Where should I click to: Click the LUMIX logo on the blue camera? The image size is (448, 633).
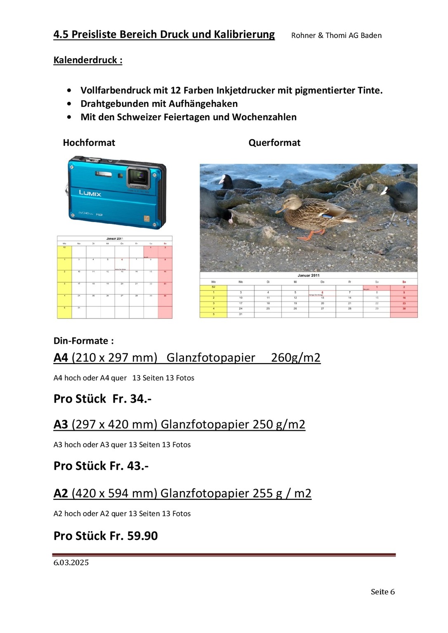click(x=90, y=193)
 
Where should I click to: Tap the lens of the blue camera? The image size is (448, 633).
click(x=139, y=178)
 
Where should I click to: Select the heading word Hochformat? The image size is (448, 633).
click(x=89, y=143)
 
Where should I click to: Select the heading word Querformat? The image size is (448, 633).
click(x=274, y=143)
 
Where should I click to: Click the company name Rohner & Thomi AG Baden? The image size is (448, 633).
click(x=336, y=35)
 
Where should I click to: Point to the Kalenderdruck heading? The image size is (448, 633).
click(x=88, y=60)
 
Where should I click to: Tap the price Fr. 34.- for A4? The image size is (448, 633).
click(x=132, y=399)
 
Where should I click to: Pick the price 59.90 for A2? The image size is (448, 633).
click(x=142, y=536)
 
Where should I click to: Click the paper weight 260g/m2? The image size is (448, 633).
click(x=295, y=357)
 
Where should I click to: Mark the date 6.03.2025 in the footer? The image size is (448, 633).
click(x=71, y=563)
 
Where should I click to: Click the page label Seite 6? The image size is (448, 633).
click(x=382, y=592)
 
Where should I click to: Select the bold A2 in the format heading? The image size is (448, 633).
click(x=61, y=493)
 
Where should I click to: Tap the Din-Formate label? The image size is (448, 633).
click(x=84, y=341)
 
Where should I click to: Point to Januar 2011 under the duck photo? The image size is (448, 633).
click(x=309, y=275)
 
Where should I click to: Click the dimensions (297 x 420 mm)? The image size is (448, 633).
click(x=115, y=424)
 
